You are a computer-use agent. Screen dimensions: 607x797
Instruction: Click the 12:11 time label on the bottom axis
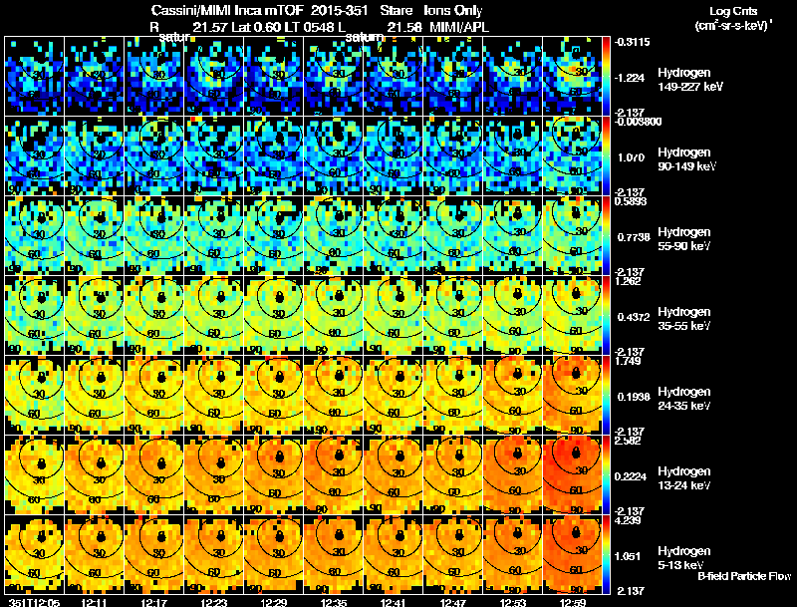pyautogui.click(x=97, y=602)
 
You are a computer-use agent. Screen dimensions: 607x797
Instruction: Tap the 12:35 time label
pyautogui.click(x=337, y=602)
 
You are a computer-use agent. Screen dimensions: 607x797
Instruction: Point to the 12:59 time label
pyautogui.click(x=578, y=602)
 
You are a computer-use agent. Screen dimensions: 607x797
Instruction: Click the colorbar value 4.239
pyautogui.click(x=626, y=519)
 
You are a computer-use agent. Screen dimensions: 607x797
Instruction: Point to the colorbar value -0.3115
pyautogui.click(x=628, y=42)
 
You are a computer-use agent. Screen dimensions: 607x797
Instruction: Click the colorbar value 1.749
pyautogui.click(x=626, y=360)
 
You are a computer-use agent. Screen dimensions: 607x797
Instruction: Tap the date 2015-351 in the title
pyautogui.click(x=327, y=8)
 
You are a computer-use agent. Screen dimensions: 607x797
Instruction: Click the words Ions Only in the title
pyautogui.click(x=457, y=8)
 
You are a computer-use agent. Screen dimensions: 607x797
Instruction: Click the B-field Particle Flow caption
pyautogui.click(x=744, y=576)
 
